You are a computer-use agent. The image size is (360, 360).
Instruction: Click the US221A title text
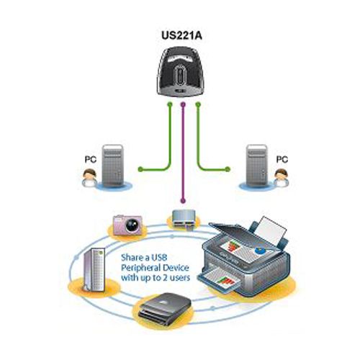click(x=181, y=35)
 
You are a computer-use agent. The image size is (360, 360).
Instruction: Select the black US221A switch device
click(x=181, y=71)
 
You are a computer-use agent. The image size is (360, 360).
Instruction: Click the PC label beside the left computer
click(x=91, y=159)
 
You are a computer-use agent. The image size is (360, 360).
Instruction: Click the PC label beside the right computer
click(x=282, y=159)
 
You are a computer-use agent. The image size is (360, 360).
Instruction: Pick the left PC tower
click(x=112, y=166)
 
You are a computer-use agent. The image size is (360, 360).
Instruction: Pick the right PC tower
click(x=257, y=166)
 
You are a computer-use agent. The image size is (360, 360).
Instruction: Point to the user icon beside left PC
click(x=89, y=178)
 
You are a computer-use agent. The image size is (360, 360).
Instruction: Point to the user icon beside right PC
click(x=281, y=178)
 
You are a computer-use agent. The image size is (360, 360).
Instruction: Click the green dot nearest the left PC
click(x=140, y=169)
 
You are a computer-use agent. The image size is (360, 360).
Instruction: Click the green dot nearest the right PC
click(x=228, y=169)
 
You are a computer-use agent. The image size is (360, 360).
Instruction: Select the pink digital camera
click(x=127, y=225)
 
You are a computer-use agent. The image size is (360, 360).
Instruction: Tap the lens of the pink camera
click(x=132, y=225)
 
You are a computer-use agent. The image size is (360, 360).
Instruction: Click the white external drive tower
click(x=94, y=269)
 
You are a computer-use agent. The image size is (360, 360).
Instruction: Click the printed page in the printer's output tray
click(x=220, y=279)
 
